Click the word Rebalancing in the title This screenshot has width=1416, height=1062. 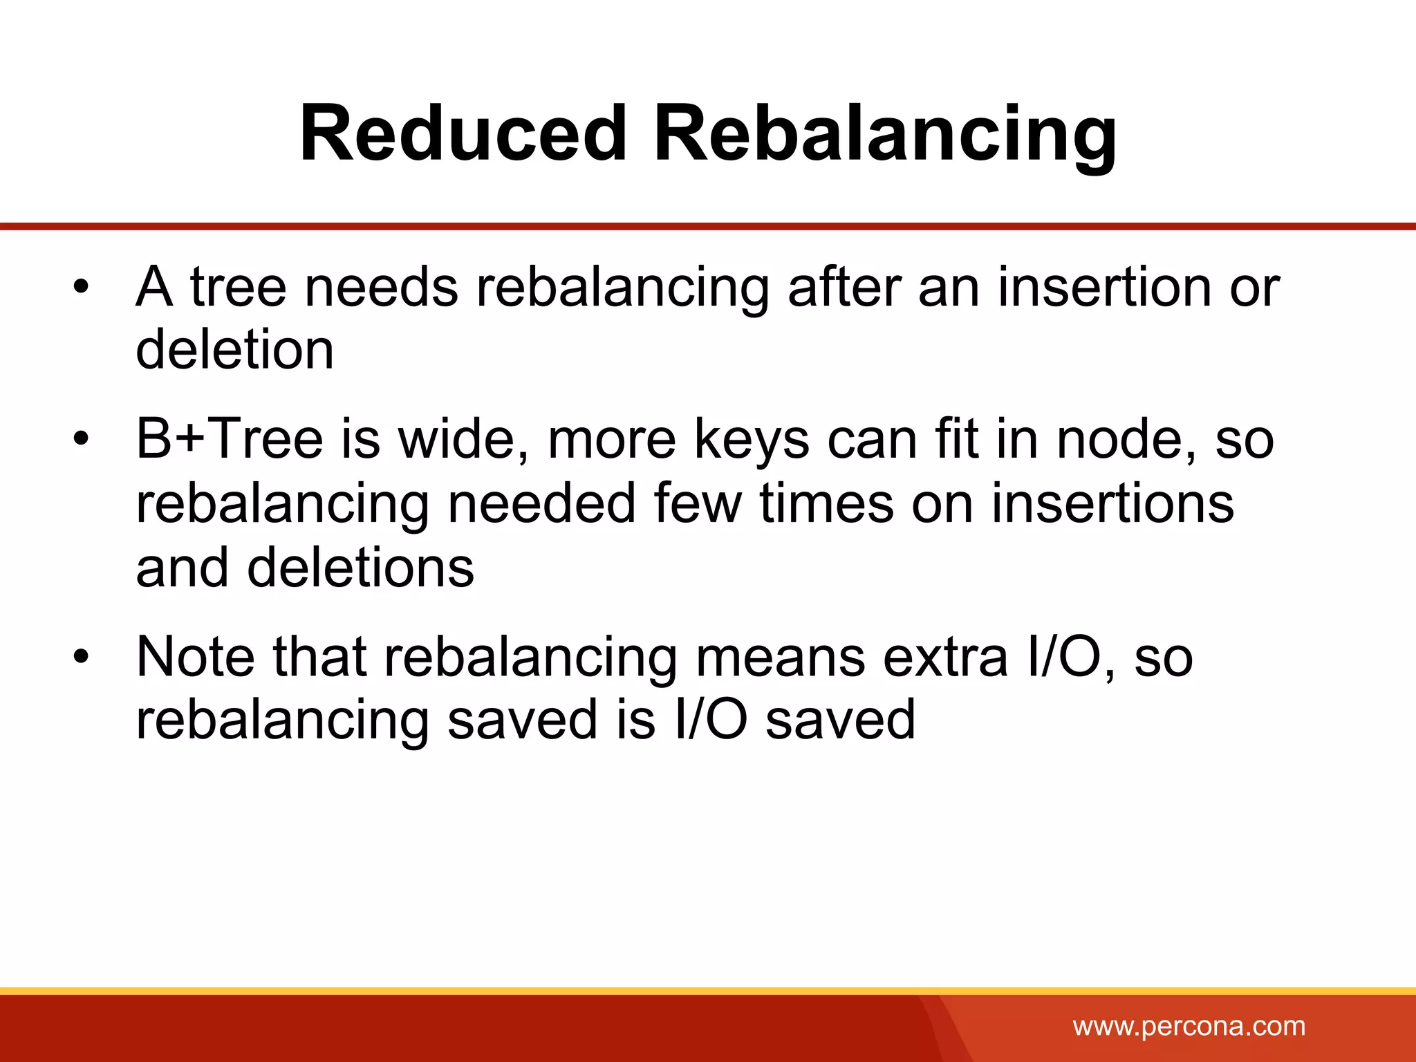pyautogui.click(x=886, y=135)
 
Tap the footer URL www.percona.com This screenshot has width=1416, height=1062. pyautogui.click(x=1189, y=1026)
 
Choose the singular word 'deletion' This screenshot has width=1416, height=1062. pyautogui.click(x=235, y=349)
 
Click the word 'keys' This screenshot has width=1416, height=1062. pyautogui.click(x=752, y=440)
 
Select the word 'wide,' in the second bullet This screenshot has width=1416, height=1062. pyautogui.click(x=465, y=440)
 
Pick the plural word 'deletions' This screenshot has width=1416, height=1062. pyautogui.click(x=360, y=567)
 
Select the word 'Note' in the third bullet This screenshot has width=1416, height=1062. pyautogui.click(x=196, y=656)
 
